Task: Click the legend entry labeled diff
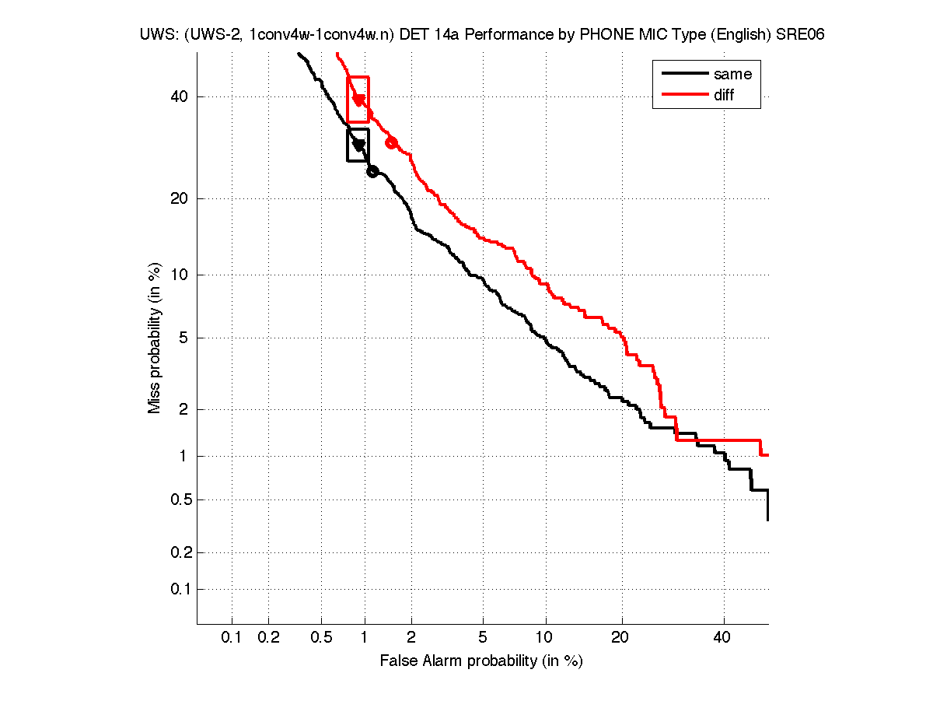click(x=724, y=95)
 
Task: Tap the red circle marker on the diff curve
click(x=392, y=142)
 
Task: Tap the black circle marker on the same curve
click(x=372, y=171)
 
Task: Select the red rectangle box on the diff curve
click(x=358, y=100)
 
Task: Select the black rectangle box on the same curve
click(x=358, y=145)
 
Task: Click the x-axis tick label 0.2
click(x=268, y=638)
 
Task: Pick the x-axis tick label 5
click(x=483, y=638)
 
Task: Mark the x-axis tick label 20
click(x=620, y=638)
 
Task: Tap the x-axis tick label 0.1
click(x=232, y=638)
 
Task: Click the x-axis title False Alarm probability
click(x=480, y=661)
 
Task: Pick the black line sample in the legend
click(x=683, y=74)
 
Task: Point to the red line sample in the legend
click(x=683, y=95)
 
